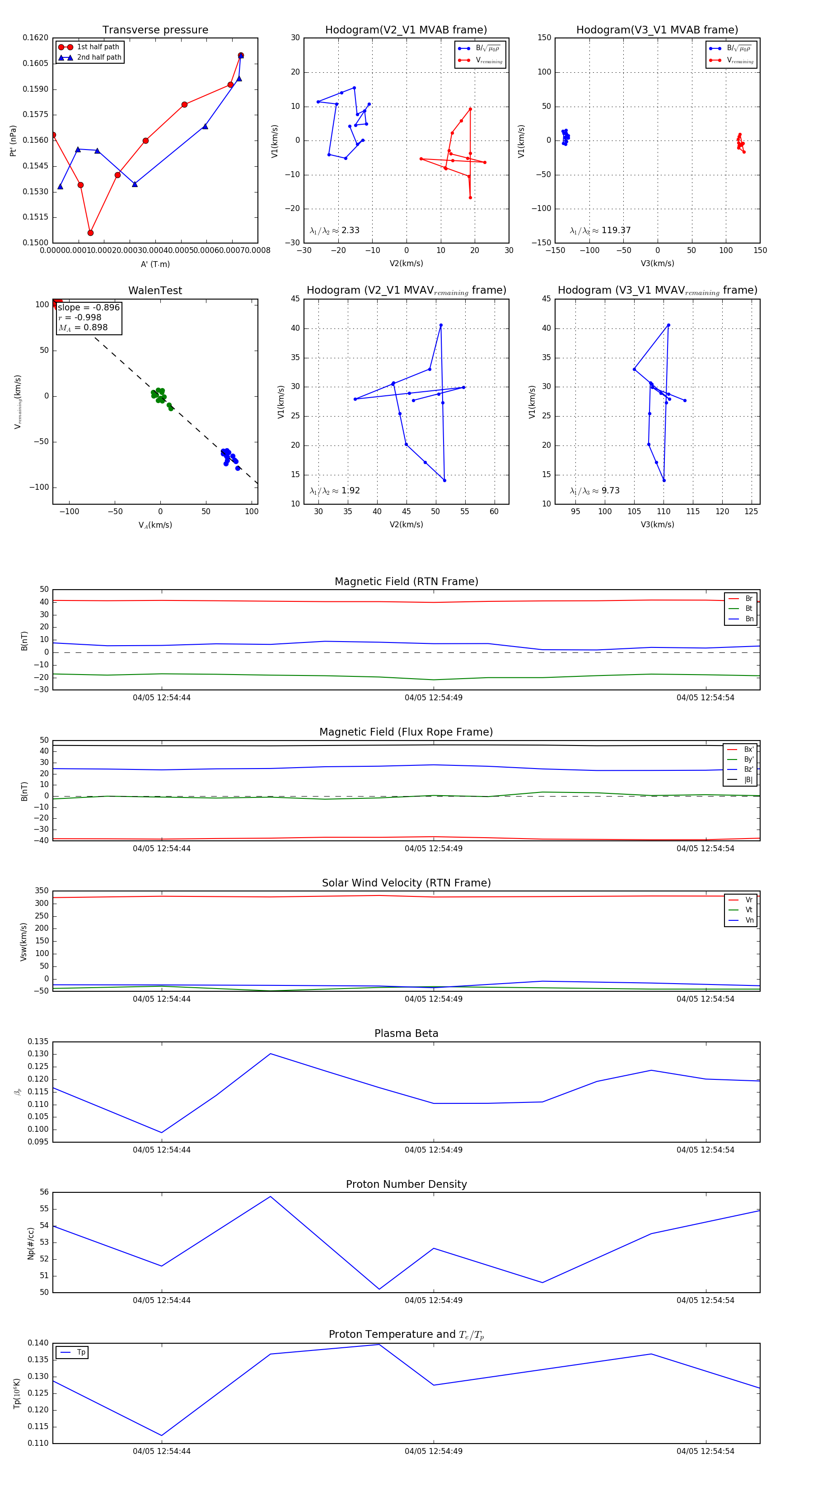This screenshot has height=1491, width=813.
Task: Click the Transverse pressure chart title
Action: coord(155,30)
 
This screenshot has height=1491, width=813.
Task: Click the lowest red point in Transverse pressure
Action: coord(90,233)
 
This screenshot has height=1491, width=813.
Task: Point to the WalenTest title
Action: coord(155,291)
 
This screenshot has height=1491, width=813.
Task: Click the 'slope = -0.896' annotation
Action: coord(89,307)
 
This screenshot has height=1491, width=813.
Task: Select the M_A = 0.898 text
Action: coord(83,328)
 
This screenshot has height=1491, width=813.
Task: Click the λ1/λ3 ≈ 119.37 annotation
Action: coord(600,230)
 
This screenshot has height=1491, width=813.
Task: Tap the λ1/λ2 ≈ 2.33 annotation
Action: coord(334,230)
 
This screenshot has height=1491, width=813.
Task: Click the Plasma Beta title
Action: coord(406,1034)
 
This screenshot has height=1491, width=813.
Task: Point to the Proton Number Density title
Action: coord(406,1184)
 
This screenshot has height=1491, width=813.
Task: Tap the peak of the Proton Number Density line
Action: coord(270,1196)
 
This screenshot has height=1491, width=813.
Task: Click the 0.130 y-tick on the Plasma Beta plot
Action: coord(38,1054)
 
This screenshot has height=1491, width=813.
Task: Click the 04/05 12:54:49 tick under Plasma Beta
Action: coord(434,1150)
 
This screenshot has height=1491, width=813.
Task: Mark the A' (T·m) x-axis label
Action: coord(155,264)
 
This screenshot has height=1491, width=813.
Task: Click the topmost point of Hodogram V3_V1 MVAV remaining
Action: coord(668,325)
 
